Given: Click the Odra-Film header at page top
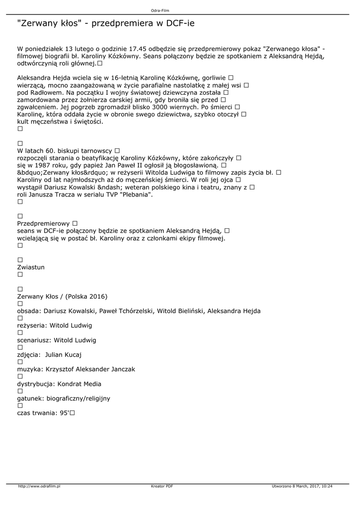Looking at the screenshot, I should point(180,10).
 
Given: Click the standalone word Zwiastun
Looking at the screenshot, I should point(31,267).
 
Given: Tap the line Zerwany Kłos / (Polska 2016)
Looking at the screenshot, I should point(62,296).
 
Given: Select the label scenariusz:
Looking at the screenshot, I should point(34,340).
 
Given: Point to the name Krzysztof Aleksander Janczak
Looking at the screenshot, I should point(90,369).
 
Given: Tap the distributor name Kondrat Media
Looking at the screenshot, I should point(79,383).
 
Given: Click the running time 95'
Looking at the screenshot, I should point(64,413).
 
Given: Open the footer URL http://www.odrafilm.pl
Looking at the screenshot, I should point(39,486).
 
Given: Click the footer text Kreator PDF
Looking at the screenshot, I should point(162,486).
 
